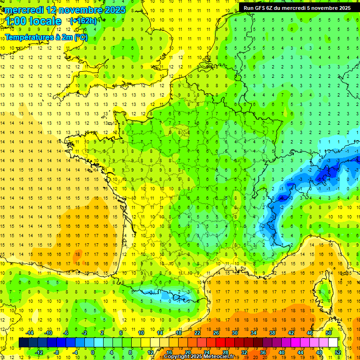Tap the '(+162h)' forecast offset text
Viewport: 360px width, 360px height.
83,21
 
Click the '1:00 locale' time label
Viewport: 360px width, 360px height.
33,21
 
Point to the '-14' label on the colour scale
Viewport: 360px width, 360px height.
30,333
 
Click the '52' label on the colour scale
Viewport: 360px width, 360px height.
338,352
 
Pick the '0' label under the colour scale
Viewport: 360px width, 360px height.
92,352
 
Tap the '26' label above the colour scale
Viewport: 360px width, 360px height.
216,333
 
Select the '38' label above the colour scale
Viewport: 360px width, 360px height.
272,333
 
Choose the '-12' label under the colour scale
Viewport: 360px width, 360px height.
39,352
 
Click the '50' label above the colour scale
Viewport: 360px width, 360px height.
329,333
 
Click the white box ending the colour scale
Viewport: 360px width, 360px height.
333,342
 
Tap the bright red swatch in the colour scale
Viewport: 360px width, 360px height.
220,342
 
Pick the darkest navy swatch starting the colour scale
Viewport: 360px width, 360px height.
23,342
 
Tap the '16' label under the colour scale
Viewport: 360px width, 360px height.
169,352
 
